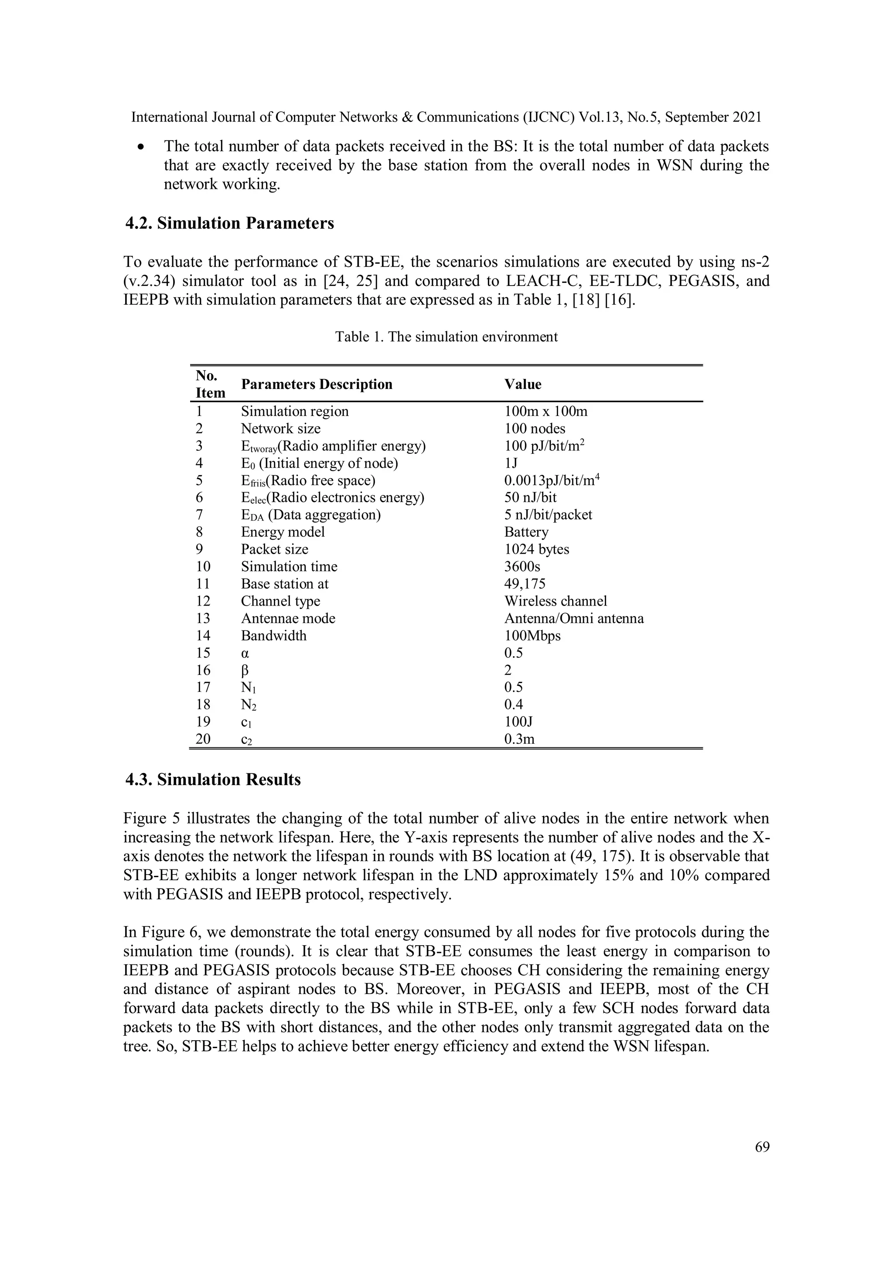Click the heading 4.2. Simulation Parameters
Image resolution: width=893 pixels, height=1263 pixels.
(229, 223)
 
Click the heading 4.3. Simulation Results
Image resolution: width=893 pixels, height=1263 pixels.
(213, 780)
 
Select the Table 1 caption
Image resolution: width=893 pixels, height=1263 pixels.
(446, 337)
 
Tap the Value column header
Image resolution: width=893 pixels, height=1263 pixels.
(523, 384)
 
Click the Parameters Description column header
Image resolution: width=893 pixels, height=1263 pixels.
(317, 384)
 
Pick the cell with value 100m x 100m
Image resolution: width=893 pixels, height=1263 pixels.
(545, 412)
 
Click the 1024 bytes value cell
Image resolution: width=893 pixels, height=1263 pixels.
(536, 549)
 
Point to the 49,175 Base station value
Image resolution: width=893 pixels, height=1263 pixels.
(525, 584)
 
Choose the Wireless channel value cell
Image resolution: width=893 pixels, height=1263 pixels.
(556, 601)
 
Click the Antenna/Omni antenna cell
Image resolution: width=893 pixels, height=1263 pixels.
(574, 618)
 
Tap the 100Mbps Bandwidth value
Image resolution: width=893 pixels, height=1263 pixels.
(532, 635)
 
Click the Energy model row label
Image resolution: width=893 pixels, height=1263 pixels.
(283, 532)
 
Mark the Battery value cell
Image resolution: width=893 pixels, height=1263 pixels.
(526, 532)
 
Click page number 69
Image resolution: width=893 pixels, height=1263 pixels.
(762, 1147)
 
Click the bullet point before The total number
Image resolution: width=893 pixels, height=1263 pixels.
(142, 147)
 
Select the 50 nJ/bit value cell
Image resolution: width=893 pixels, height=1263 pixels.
(530, 497)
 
